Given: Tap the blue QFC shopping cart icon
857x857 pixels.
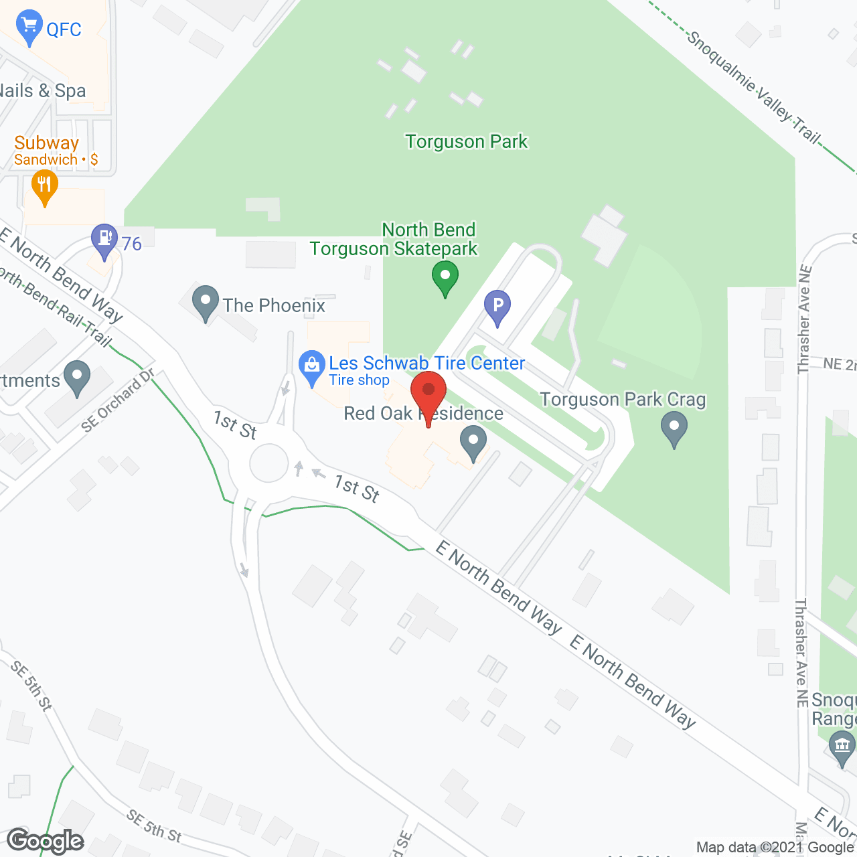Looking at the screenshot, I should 29,27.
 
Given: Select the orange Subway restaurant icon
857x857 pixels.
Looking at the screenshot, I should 44,187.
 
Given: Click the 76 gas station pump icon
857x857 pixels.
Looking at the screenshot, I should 104,240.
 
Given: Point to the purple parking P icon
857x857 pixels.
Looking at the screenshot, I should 497,307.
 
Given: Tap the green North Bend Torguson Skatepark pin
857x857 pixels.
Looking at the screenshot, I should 445,278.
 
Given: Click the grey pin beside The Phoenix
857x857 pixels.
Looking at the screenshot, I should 206,303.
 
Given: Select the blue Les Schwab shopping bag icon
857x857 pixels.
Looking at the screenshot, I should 311,368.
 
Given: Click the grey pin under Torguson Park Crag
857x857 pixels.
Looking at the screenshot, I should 674,428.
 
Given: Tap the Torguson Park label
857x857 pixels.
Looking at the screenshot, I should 466,141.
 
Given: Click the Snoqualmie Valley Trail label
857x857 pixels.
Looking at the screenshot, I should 753,86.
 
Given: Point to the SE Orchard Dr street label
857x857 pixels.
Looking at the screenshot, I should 118,400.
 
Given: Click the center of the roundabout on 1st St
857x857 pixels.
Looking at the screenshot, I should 268,463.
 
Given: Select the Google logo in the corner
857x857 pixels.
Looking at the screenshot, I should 46,840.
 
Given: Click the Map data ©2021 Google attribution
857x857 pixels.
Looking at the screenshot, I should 775,848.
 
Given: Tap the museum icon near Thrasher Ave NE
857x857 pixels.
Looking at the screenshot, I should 842,747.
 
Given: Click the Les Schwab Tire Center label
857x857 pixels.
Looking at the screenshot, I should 426,363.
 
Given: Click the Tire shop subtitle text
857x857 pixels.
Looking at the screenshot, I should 359,380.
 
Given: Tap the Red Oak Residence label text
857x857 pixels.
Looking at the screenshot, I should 423,414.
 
